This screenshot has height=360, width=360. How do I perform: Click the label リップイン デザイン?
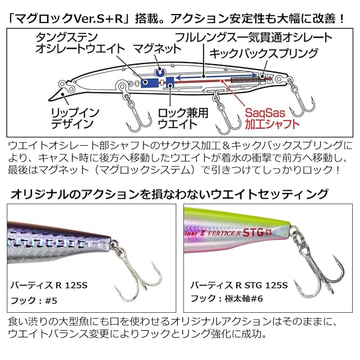coord(64,115)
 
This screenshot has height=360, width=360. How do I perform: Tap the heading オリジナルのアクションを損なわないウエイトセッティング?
coord(169,194)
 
